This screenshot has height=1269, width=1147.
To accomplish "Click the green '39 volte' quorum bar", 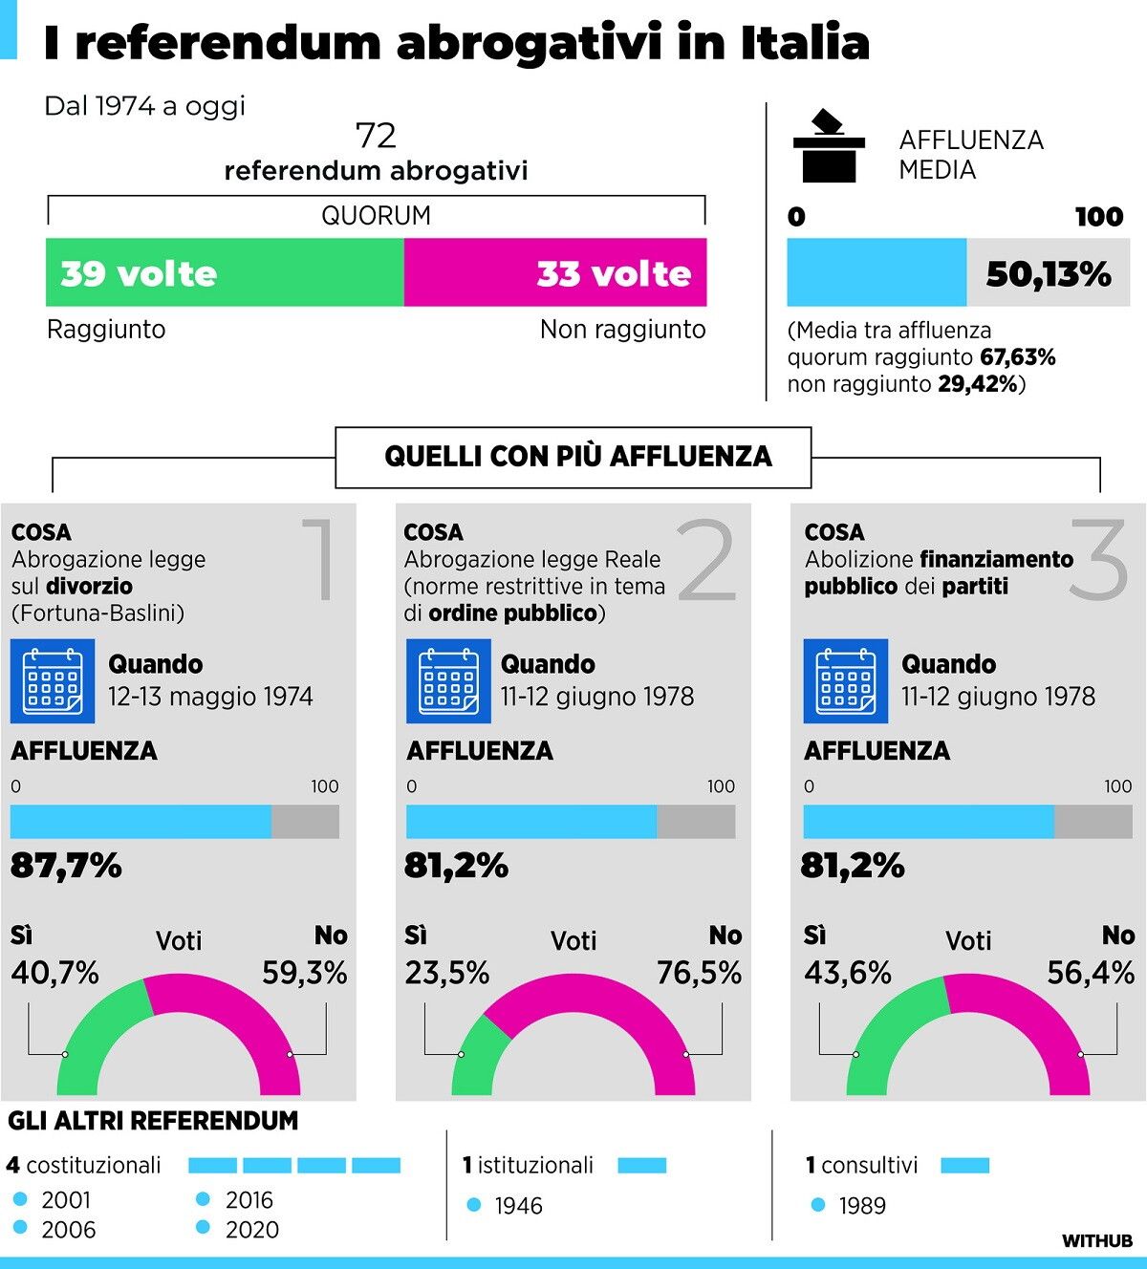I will click(225, 273).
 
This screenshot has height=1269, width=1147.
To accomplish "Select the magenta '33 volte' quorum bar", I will click(555, 273).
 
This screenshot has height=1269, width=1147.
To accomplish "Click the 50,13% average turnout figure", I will click(1049, 274).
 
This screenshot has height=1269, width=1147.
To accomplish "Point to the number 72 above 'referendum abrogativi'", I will click(376, 136).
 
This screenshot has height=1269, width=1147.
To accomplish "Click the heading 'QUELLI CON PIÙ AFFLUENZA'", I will click(577, 457).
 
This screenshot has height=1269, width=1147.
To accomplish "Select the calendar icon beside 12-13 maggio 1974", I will click(53, 680).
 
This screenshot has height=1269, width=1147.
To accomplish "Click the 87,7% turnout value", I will click(66, 866).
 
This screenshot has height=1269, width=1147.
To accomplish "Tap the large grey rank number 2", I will click(708, 562).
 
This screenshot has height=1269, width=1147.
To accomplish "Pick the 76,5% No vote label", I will click(699, 973).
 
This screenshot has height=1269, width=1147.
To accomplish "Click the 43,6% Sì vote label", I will click(848, 973).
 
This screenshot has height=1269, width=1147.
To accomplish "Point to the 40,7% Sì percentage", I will click(55, 973).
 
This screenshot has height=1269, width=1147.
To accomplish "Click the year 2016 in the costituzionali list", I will click(249, 1200).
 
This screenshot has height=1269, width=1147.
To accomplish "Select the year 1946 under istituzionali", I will click(518, 1206).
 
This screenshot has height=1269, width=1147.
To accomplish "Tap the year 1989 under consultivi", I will click(862, 1206).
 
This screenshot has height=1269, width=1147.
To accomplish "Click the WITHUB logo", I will click(1097, 1241).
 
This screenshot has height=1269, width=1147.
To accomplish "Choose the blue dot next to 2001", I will click(21, 1199).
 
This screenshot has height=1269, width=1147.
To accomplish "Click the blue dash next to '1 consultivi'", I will click(964, 1166).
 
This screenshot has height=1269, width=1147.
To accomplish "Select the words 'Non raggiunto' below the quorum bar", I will click(622, 330).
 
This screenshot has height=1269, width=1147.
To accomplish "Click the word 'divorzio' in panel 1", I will click(89, 586).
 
